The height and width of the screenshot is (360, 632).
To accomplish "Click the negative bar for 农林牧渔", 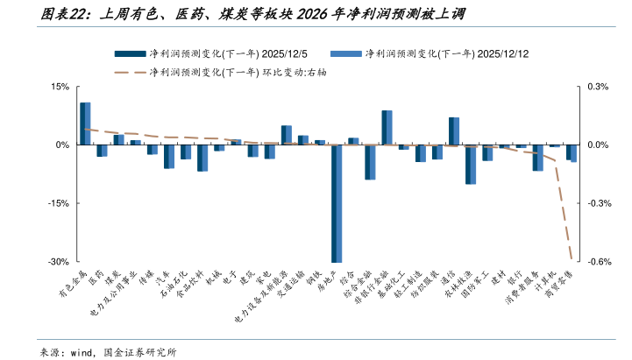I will click(x=471, y=165).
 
